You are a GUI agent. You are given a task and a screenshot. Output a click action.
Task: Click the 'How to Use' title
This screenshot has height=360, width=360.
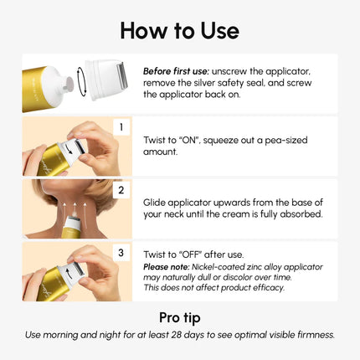(179, 29)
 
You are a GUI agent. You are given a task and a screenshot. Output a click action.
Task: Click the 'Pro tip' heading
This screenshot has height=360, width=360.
(179, 317)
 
